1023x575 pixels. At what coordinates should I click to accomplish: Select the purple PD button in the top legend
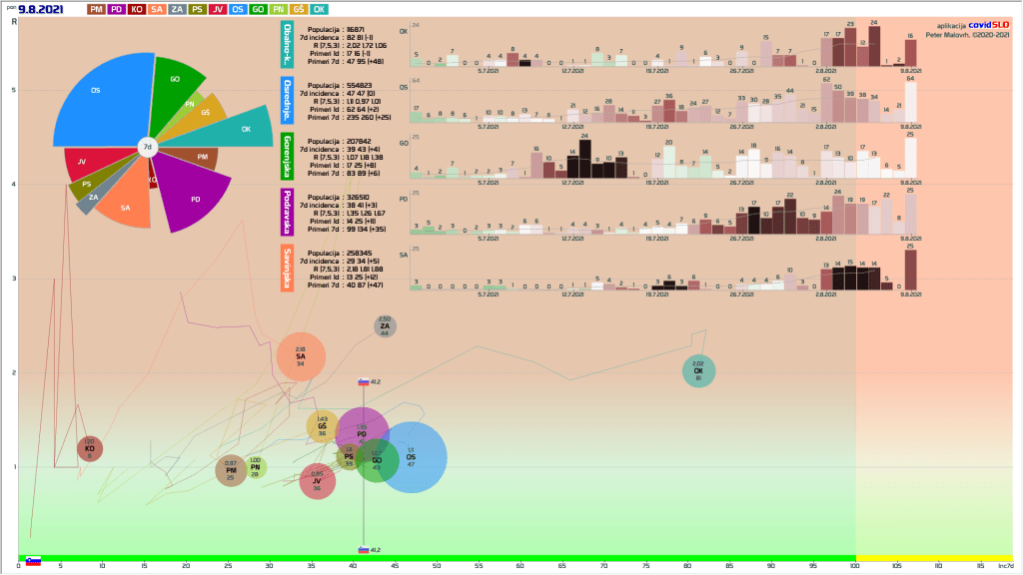117,9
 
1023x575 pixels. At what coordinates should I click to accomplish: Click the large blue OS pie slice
100,100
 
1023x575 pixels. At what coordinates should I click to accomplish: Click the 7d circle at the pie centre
147,148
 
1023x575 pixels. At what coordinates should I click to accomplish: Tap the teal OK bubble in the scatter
698,371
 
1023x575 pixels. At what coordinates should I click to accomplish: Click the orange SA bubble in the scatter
300,356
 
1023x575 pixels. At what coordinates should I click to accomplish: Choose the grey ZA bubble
385,325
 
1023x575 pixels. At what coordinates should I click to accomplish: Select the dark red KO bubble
90,449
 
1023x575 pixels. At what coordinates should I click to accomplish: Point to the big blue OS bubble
412,457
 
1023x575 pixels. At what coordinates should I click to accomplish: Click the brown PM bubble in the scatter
231,470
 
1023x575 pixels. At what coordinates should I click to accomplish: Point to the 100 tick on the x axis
854,566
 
